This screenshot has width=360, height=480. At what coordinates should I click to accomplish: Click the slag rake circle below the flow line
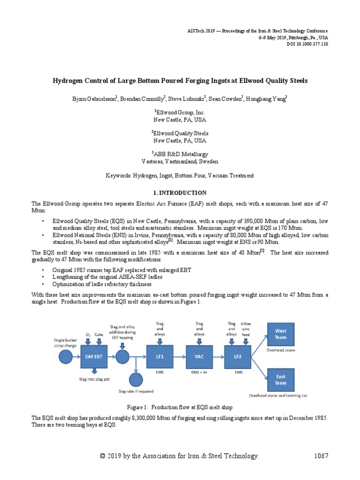click(135, 379)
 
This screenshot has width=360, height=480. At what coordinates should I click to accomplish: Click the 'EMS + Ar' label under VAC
click(200, 373)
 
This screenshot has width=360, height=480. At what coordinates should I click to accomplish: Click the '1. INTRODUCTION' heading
click(180, 193)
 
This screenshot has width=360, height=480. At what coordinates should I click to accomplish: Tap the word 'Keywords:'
click(120, 175)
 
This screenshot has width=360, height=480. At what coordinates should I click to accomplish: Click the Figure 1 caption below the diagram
click(180, 407)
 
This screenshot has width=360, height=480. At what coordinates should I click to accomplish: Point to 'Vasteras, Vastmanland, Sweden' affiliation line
click(180, 162)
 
